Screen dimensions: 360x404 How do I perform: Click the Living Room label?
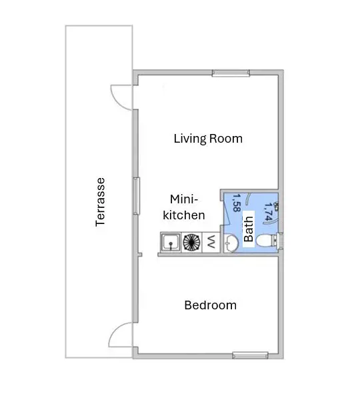[x=208, y=139]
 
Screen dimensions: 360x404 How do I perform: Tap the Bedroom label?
[x=210, y=305]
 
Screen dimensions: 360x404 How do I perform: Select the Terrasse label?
[x=100, y=202]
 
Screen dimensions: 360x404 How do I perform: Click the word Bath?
[x=249, y=229]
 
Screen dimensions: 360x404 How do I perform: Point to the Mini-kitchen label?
[x=184, y=207]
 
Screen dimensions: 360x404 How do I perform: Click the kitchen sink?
[x=171, y=243]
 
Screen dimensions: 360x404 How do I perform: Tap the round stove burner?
[x=191, y=243]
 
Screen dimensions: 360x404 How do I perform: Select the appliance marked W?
[x=211, y=242]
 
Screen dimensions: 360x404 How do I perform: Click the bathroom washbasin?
[x=231, y=243]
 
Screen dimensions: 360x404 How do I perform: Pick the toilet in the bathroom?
[x=267, y=241]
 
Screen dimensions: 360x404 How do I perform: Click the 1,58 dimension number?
[x=236, y=203]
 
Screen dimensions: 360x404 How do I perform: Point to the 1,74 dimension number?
[x=268, y=212]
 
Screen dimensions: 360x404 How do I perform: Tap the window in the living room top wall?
[x=231, y=73]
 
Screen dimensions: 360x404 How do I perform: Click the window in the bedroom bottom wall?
[x=250, y=355]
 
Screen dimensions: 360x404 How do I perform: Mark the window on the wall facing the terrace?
[x=136, y=196]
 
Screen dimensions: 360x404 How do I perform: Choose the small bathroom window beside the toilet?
[x=280, y=241]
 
